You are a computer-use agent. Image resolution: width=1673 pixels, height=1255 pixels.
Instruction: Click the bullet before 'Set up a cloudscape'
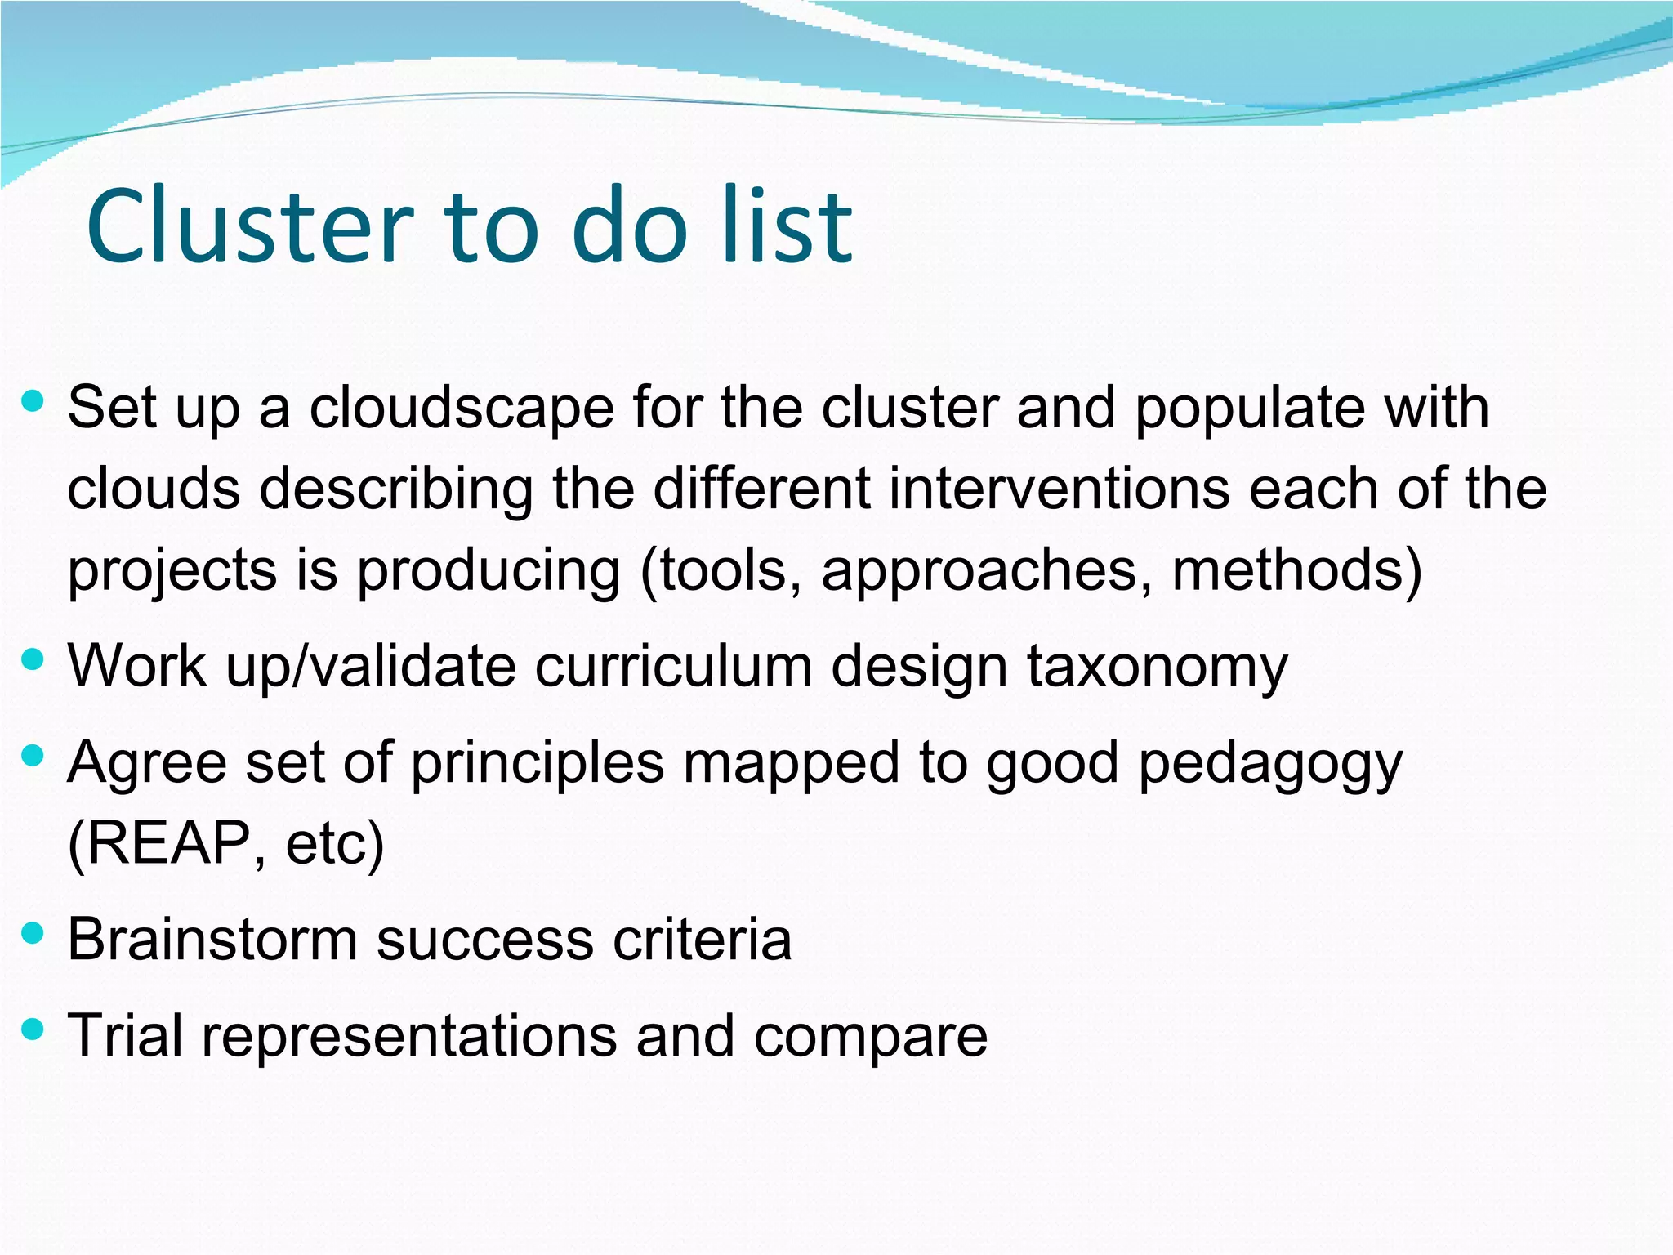(x=33, y=400)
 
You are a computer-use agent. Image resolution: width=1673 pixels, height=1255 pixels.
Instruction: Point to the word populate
(x=1249, y=409)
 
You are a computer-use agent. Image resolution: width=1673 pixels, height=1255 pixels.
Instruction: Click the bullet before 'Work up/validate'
(x=33, y=659)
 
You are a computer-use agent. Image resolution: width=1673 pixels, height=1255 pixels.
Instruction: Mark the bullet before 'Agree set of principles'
(x=33, y=756)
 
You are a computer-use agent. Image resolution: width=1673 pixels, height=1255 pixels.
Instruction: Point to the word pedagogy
(x=1269, y=765)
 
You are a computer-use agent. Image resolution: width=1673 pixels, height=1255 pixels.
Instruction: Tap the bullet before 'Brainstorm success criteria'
(x=33, y=932)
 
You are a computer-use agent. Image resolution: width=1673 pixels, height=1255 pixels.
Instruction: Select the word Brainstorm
(x=212, y=940)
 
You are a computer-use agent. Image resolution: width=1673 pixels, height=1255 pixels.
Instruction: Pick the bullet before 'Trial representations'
(x=33, y=1029)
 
